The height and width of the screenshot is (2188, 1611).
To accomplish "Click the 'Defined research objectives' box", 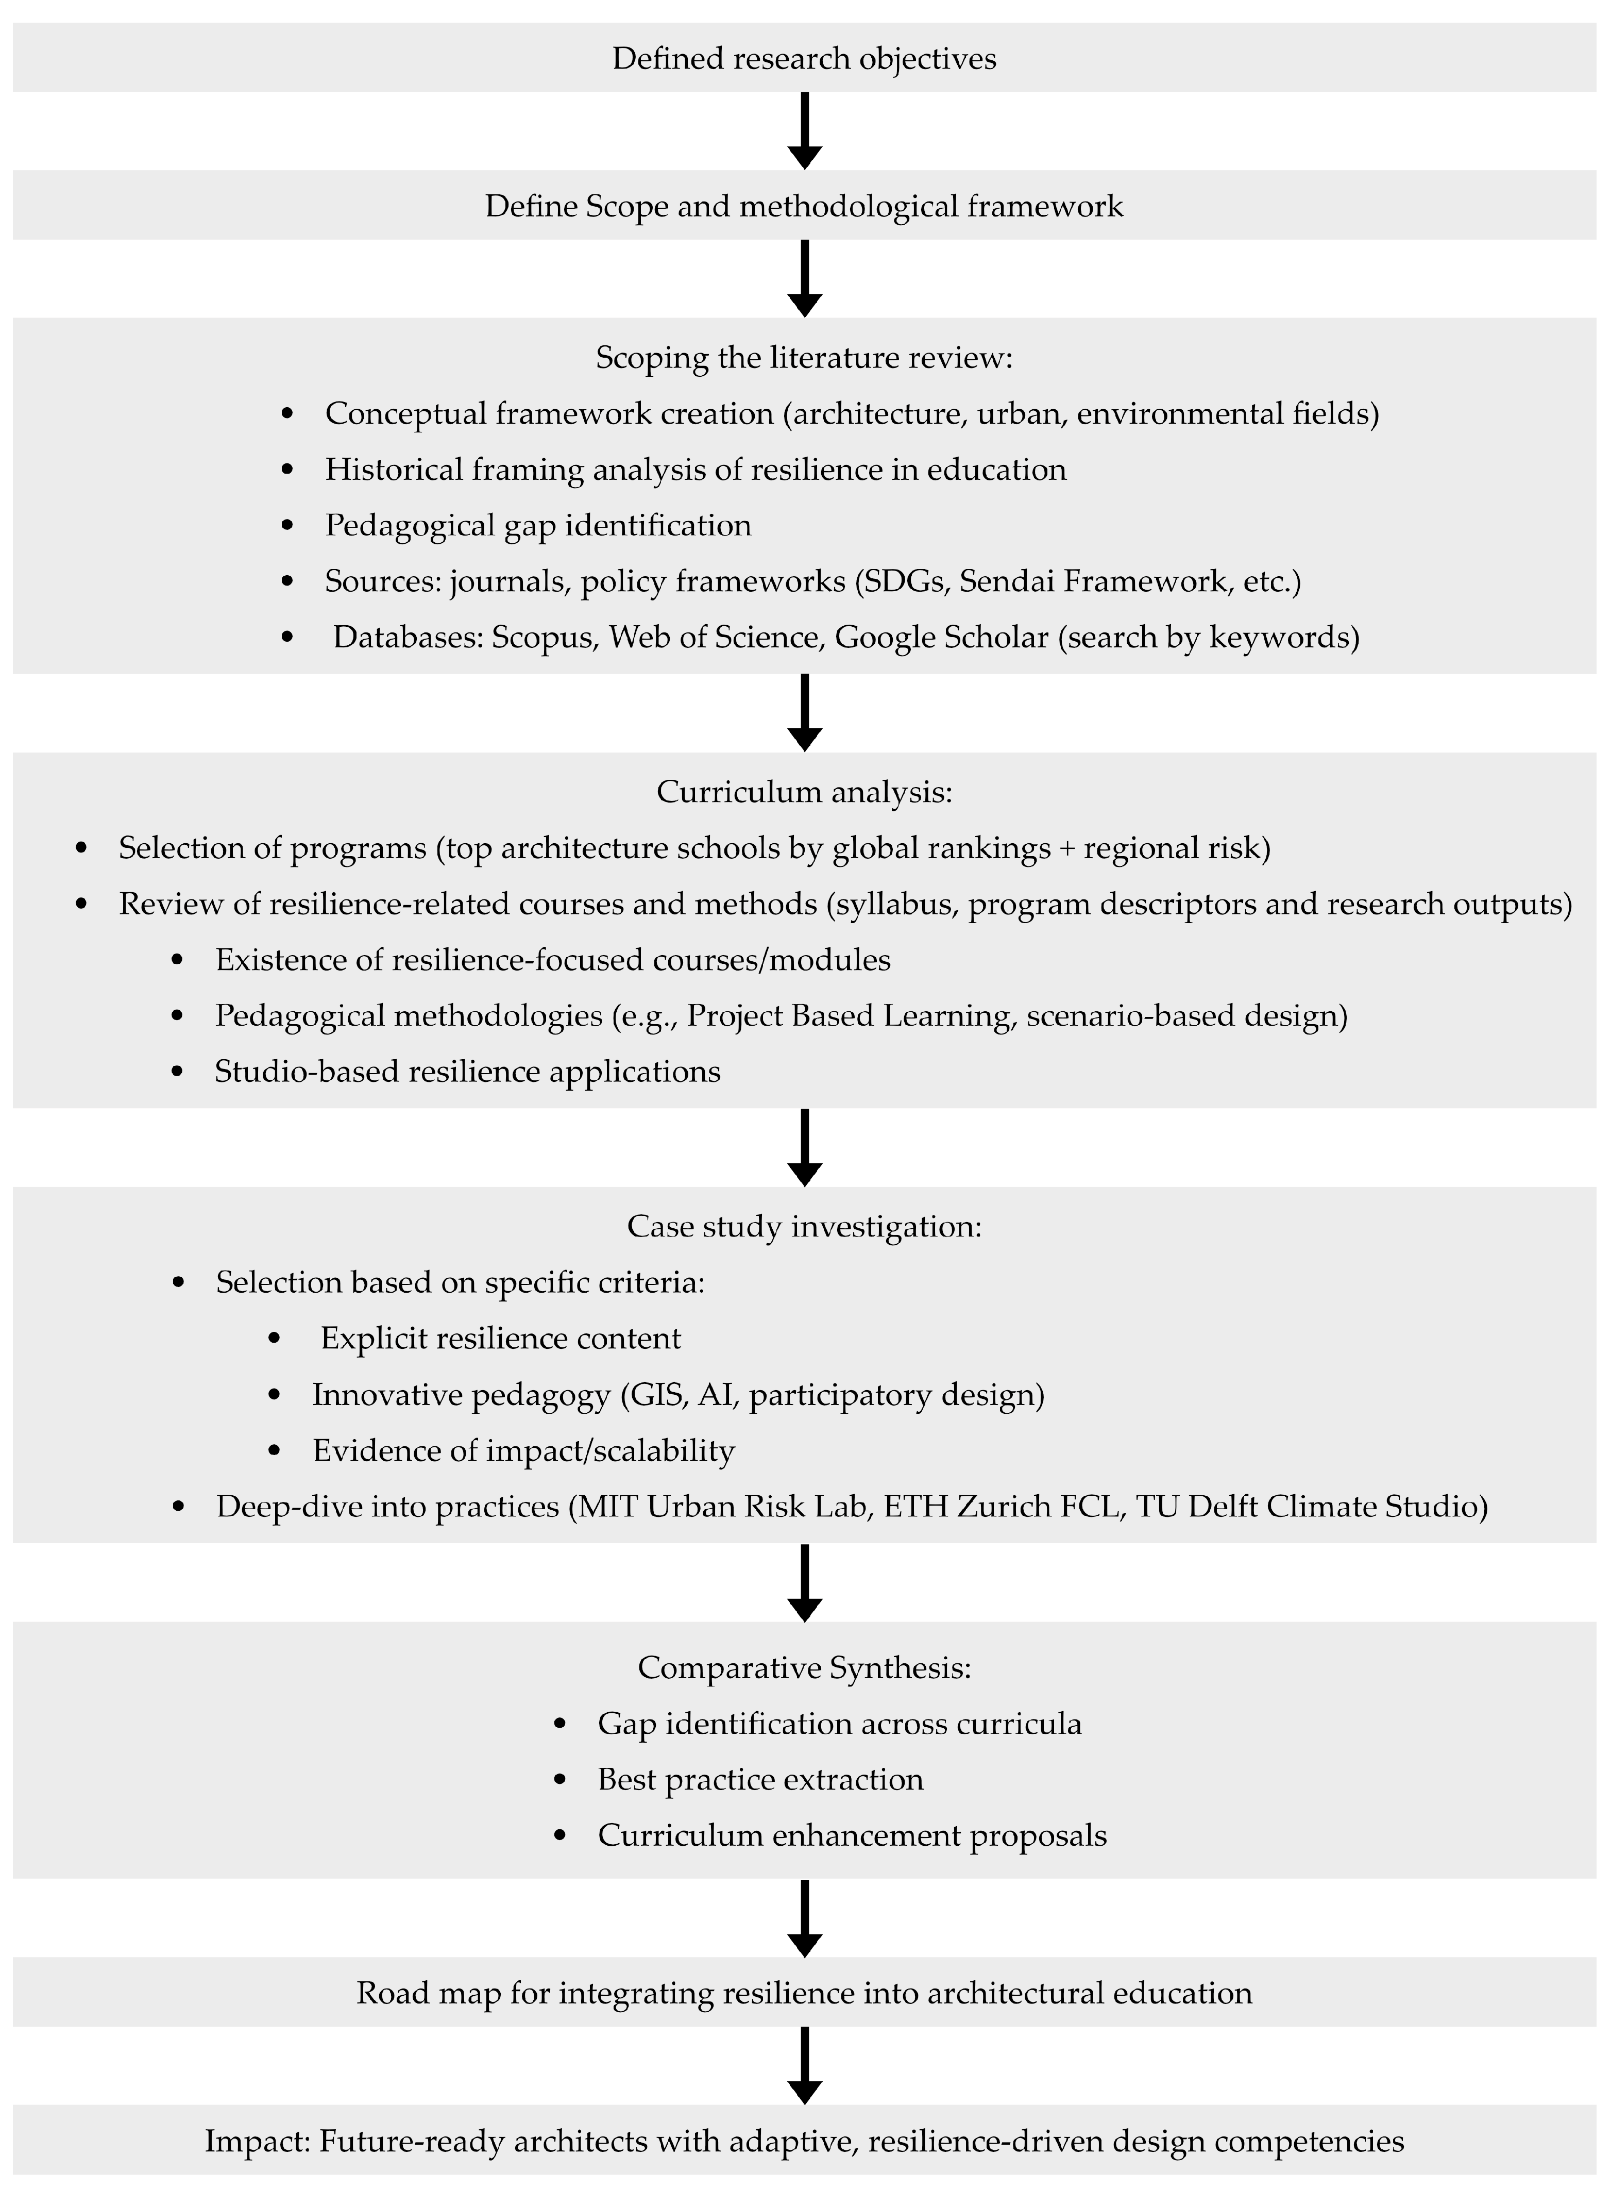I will (x=805, y=59).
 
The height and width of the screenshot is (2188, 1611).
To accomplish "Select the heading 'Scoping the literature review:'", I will (x=805, y=358).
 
